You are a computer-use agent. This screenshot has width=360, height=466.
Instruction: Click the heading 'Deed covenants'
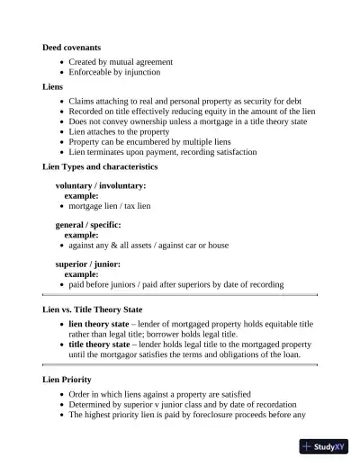click(72, 47)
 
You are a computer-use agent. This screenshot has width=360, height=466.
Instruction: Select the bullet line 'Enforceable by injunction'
click(114, 72)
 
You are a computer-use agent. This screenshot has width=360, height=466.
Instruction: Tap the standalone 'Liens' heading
click(53, 87)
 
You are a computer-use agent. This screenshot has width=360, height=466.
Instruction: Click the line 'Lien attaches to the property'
click(119, 131)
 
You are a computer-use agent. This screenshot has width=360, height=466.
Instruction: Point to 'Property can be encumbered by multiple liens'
click(149, 142)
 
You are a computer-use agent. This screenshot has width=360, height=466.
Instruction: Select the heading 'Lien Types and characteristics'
click(100, 167)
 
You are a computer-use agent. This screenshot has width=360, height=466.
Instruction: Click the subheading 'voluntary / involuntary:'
click(101, 185)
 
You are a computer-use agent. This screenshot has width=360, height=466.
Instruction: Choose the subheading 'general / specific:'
click(88, 225)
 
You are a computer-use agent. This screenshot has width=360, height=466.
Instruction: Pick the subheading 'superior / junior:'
click(87, 264)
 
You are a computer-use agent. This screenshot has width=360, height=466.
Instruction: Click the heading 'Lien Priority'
click(67, 381)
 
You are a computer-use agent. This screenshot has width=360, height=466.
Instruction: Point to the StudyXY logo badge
click(325, 446)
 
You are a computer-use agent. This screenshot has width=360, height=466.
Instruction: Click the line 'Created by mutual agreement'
click(121, 62)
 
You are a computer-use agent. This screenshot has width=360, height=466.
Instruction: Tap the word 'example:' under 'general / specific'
click(81, 235)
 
